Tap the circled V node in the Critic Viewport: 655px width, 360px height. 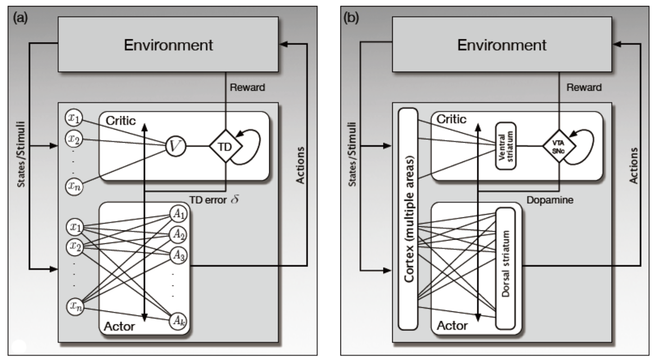[175, 147]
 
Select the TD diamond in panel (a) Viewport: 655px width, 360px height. [225, 147]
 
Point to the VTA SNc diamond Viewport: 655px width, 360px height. [558, 147]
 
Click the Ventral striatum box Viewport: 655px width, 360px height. [505, 147]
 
